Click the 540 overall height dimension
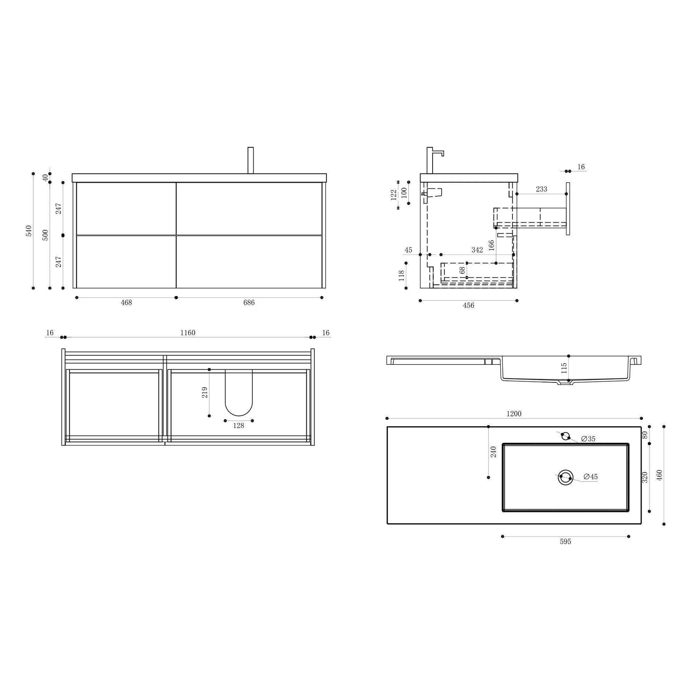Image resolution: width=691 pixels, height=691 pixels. (29, 231)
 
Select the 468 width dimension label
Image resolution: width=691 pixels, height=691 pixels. (126, 303)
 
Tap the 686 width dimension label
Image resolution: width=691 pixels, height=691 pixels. (249, 303)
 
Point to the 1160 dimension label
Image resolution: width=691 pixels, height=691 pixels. (187, 333)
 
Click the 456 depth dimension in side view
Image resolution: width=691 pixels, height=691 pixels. (468, 305)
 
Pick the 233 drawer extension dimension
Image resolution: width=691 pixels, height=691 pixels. (541, 189)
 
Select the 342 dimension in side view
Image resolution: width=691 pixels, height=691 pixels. (477, 250)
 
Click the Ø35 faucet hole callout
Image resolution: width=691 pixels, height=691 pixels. (588, 439)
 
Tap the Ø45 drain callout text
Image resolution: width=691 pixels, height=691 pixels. (590, 477)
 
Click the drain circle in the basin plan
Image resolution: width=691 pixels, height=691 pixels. (566, 477)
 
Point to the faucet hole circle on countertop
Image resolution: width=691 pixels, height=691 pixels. (566, 436)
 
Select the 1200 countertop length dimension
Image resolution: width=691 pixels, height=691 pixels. (514, 414)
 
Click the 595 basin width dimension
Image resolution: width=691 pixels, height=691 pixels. (566, 542)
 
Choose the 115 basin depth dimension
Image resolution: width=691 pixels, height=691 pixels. (564, 368)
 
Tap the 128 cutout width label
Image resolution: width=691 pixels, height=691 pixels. (238, 426)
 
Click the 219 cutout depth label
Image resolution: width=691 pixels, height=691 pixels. (205, 393)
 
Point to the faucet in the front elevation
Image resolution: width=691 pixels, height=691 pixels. (251, 160)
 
